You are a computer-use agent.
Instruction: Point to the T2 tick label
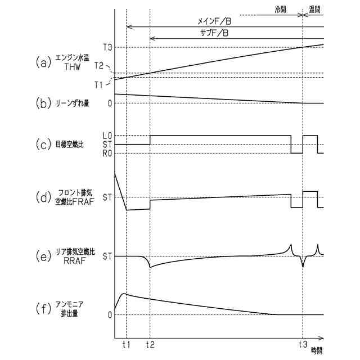pyautogui.click(x=100, y=66)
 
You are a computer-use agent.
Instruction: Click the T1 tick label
pyautogui.click(x=99, y=84)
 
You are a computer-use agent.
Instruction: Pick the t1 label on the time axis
pyautogui.click(x=126, y=343)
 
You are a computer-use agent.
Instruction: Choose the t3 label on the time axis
pyautogui.click(x=303, y=343)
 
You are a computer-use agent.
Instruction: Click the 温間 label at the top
pyautogui.click(x=316, y=9)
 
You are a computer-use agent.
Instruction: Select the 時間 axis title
pyautogui.click(x=317, y=350)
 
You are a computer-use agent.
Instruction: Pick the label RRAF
pyautogui.click(x=71, y=260)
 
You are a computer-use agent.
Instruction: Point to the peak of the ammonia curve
pyautogui.click(x=125, y=294)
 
